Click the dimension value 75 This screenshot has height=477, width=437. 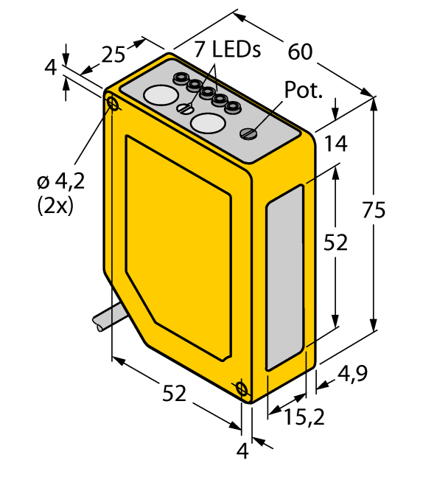click(x=374, y=211)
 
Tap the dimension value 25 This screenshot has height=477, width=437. click(x=113, y=54)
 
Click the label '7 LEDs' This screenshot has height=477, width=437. click(x=228, y=49)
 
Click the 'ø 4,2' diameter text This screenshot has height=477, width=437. click(x=61, y=181)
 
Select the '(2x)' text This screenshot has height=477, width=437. click(x=55, y=206)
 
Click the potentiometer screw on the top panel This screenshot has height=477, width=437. click(x=249, y=133)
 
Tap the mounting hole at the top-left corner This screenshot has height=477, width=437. click(x=113, y=104)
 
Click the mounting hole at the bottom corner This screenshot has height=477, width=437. click(x=240, y=389)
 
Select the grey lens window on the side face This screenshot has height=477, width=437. click(x=284, y=276)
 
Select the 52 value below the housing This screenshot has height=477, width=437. click(x=174, y=395)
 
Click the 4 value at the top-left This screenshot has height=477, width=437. click(x=50, y=68)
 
